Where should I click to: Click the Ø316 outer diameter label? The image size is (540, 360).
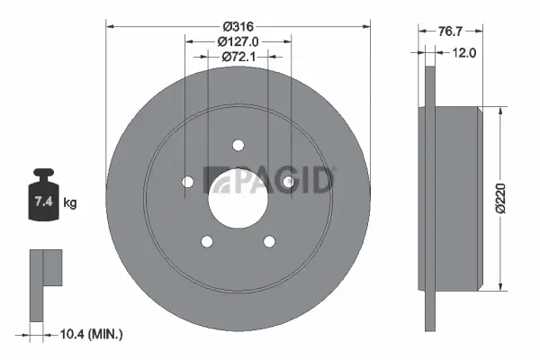[x=238, y=24]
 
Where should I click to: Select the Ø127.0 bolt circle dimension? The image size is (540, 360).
[x=238, y=40]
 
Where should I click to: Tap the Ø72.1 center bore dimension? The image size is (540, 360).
[x=238, y=57]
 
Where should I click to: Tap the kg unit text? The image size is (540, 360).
[x=70, y=202]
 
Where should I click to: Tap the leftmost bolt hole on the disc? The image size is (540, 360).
[x=188, y=183]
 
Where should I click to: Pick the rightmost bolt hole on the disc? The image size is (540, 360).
[x=289, y=183]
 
